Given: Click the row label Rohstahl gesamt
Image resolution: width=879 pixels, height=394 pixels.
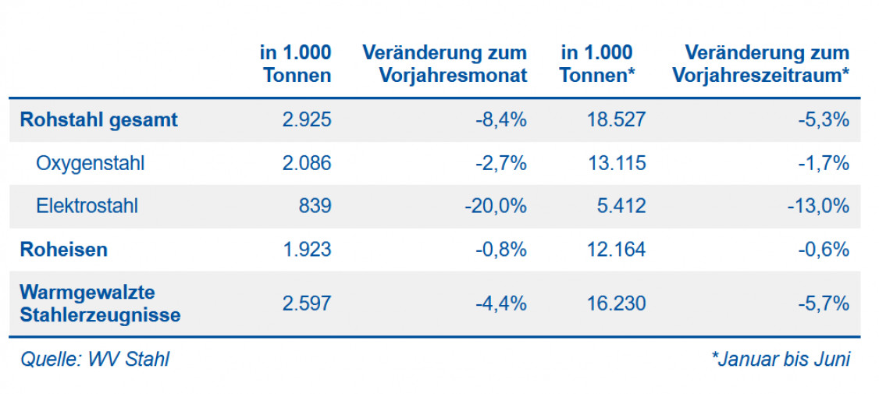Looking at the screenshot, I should tap(98, 120).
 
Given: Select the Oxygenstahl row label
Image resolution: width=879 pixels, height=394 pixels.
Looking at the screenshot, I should tap(90, 163).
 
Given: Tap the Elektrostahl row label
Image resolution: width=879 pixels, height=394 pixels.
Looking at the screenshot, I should tap(87, 206).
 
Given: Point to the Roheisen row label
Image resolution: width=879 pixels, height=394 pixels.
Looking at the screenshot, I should tap(63, 250).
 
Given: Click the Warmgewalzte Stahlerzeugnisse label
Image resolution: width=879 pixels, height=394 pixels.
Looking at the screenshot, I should tap(99, 303).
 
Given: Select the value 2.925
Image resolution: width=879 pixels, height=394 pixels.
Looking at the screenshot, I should tap(305, 120).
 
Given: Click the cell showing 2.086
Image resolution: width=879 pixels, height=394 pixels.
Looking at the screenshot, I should tap(305, 163).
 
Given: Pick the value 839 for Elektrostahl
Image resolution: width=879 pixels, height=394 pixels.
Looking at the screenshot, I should tap(314, 206).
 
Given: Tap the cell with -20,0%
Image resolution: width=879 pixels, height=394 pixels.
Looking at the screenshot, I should tap(496, 206).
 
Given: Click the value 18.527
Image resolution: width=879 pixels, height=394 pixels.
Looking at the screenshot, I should tap(614, 120).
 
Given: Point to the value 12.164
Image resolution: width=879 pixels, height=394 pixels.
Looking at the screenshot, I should tap(614, 250).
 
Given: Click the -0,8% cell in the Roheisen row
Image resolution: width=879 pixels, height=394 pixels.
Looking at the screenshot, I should tap(501, 250).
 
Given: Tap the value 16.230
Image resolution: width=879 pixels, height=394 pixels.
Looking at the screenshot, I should tap(614, 303).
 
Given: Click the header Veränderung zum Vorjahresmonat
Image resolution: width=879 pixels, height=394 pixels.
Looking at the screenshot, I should tap(445, 64).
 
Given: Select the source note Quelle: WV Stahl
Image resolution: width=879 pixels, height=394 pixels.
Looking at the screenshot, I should tap(94, 360).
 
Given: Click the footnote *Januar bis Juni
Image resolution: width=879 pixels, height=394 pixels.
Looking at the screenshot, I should tap(780, 360).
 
